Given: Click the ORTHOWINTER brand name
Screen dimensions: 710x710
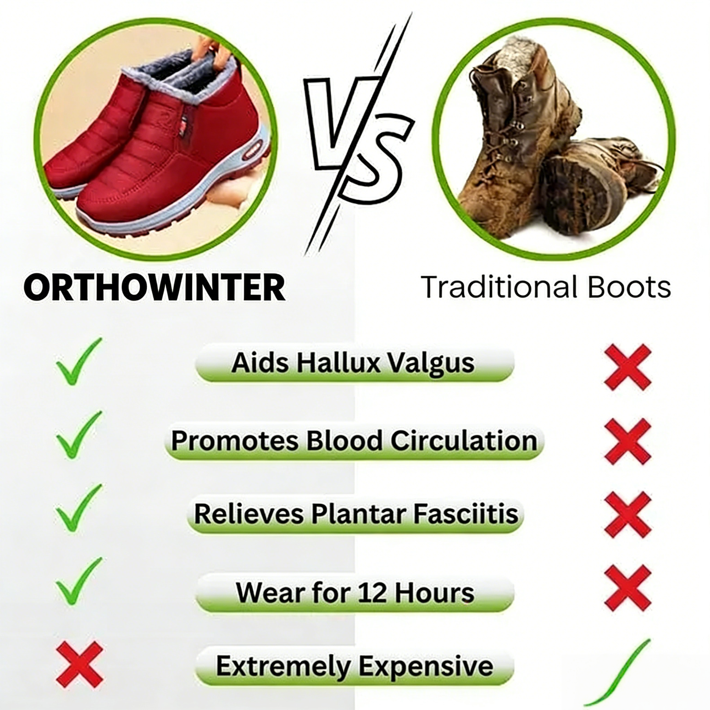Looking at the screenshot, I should (154, 287).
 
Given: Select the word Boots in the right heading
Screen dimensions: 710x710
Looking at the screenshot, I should (629, 287).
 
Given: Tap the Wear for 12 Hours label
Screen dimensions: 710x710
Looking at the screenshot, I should (355, 593).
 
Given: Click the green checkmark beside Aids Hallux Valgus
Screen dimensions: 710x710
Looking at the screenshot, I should (78, 362).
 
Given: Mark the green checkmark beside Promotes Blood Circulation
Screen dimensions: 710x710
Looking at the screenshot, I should (78, 436).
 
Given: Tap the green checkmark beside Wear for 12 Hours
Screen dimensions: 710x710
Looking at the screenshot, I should (78, 583).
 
